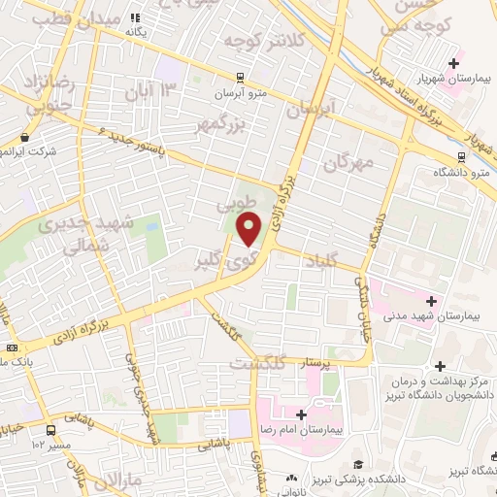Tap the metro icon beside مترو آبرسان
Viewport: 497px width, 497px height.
pos(240,79)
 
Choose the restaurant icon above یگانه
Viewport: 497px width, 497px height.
pos(135,17)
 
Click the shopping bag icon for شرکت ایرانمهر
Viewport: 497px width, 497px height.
pos(24,138)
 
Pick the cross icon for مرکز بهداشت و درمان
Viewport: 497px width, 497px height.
pos(442,366)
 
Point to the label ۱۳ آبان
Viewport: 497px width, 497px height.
pos(150,92)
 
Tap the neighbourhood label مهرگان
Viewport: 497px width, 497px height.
pos(349,160)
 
